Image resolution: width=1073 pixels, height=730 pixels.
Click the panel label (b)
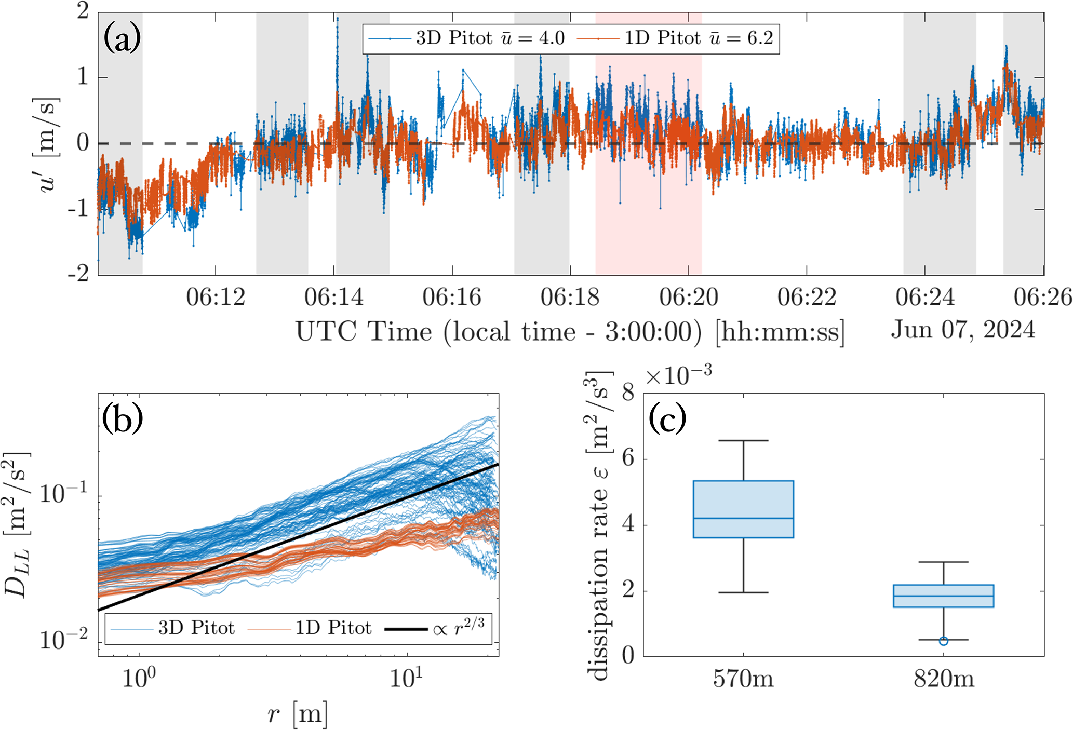coord(122,419)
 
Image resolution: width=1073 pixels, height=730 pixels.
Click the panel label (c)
coord(667,419)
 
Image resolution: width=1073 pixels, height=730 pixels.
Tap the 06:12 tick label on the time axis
coord(216,298)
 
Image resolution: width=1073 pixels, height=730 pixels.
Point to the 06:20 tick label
coord(689,298)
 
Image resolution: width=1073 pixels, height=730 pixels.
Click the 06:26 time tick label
coord(1043,298)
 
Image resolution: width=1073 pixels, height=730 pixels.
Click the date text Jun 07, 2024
coord(963,330)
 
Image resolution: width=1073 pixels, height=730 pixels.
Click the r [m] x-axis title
coord(298,714)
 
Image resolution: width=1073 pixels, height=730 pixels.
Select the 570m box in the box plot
coord(743,509)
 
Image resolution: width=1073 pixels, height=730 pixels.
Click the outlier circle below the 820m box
coord(943,641)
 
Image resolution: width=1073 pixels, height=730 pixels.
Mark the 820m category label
coord(943,679)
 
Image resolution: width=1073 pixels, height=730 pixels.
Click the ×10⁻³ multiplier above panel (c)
coord(678,375)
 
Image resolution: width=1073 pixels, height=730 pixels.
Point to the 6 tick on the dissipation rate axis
coord(628,459)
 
